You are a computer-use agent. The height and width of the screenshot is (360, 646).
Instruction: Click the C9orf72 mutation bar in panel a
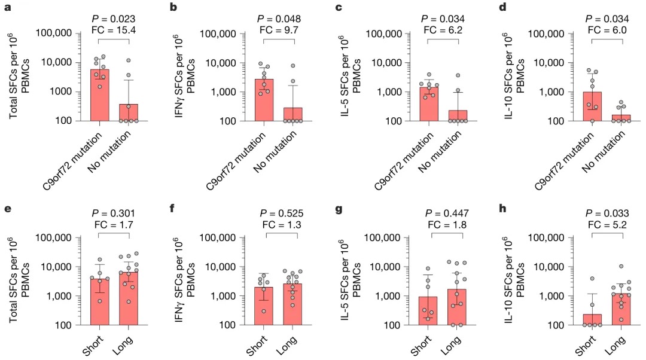click(x=100, y=96)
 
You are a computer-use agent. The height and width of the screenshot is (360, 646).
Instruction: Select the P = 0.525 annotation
click(x=279, y=213)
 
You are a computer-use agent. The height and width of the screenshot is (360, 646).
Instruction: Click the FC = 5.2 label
click(x=608, y=225)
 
